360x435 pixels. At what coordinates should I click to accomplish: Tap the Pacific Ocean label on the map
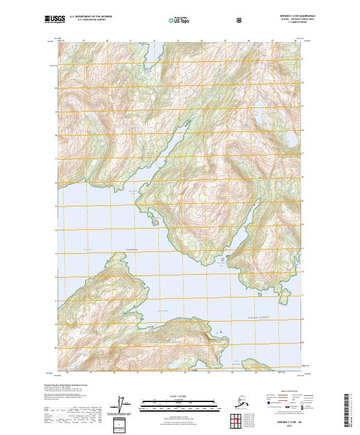click(259, 317)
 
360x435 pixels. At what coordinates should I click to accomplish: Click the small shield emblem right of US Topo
click(240, 20)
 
